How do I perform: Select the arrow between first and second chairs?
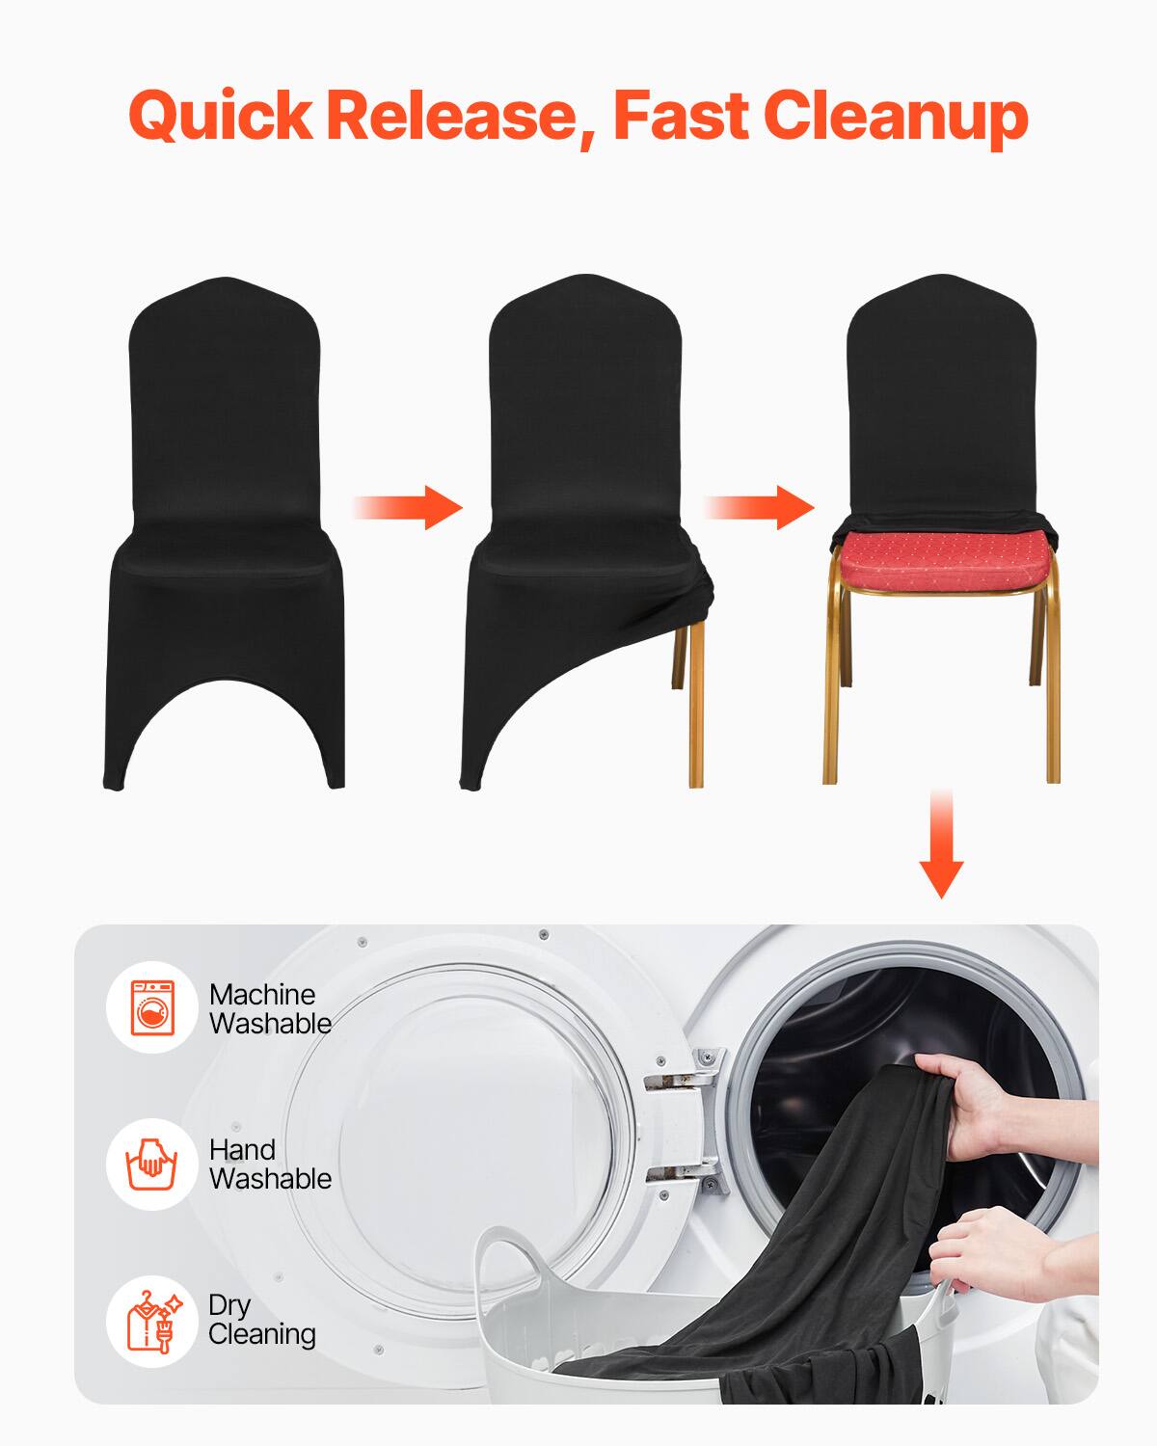click(x=407, y=508)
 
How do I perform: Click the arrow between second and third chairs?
click(x=758, y=508)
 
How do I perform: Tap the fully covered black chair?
click(x=224, y=530)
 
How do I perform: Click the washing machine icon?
click(x=152, y=1007)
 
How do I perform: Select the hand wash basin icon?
click(x=152, y=1164)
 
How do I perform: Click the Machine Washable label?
click(x=270, y=1008)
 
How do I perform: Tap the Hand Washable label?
click(x=270, y=1164)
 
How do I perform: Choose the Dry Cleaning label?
click(x=262, y=1319)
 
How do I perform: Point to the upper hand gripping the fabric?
click(x=964, y=1099)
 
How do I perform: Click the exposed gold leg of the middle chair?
click(x=695, y=704)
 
